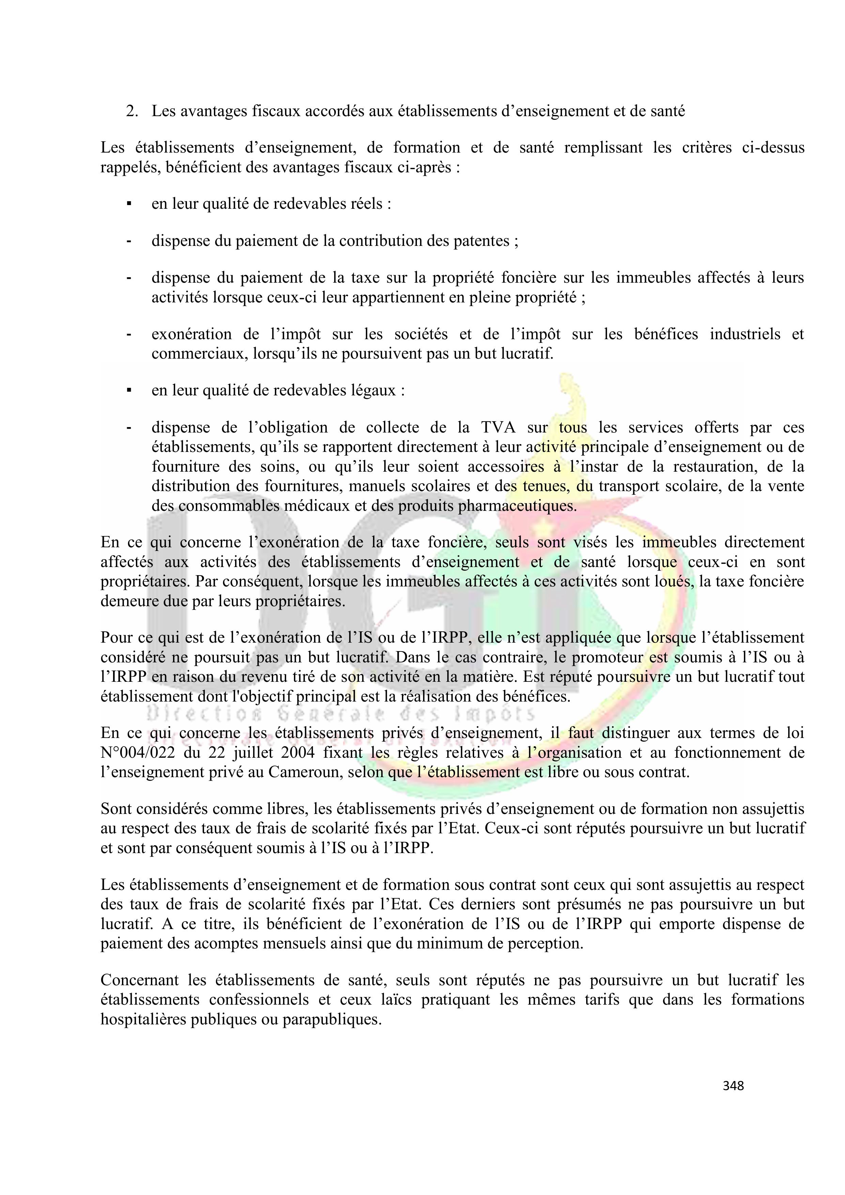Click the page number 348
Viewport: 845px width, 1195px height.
pos(733,1086)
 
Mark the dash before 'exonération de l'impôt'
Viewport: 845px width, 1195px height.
pos(128,334)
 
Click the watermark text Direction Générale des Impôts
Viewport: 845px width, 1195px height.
pos(341,713)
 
